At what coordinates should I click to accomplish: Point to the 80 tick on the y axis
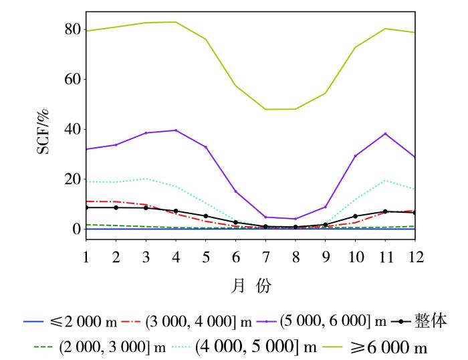coord(72,29)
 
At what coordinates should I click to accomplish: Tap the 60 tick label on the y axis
coord(72,80)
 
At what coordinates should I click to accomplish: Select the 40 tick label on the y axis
coord(72,129)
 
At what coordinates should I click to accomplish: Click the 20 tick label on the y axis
coord(72,179)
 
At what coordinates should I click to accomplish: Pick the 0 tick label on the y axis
coord(76,230)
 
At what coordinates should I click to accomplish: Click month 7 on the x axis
coord(265,257)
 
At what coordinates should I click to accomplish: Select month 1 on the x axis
coord(86,257)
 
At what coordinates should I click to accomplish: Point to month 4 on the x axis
coord(176,257)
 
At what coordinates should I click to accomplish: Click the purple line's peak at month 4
coord(176,130)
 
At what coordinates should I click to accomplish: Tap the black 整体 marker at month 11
coord(385,211)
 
